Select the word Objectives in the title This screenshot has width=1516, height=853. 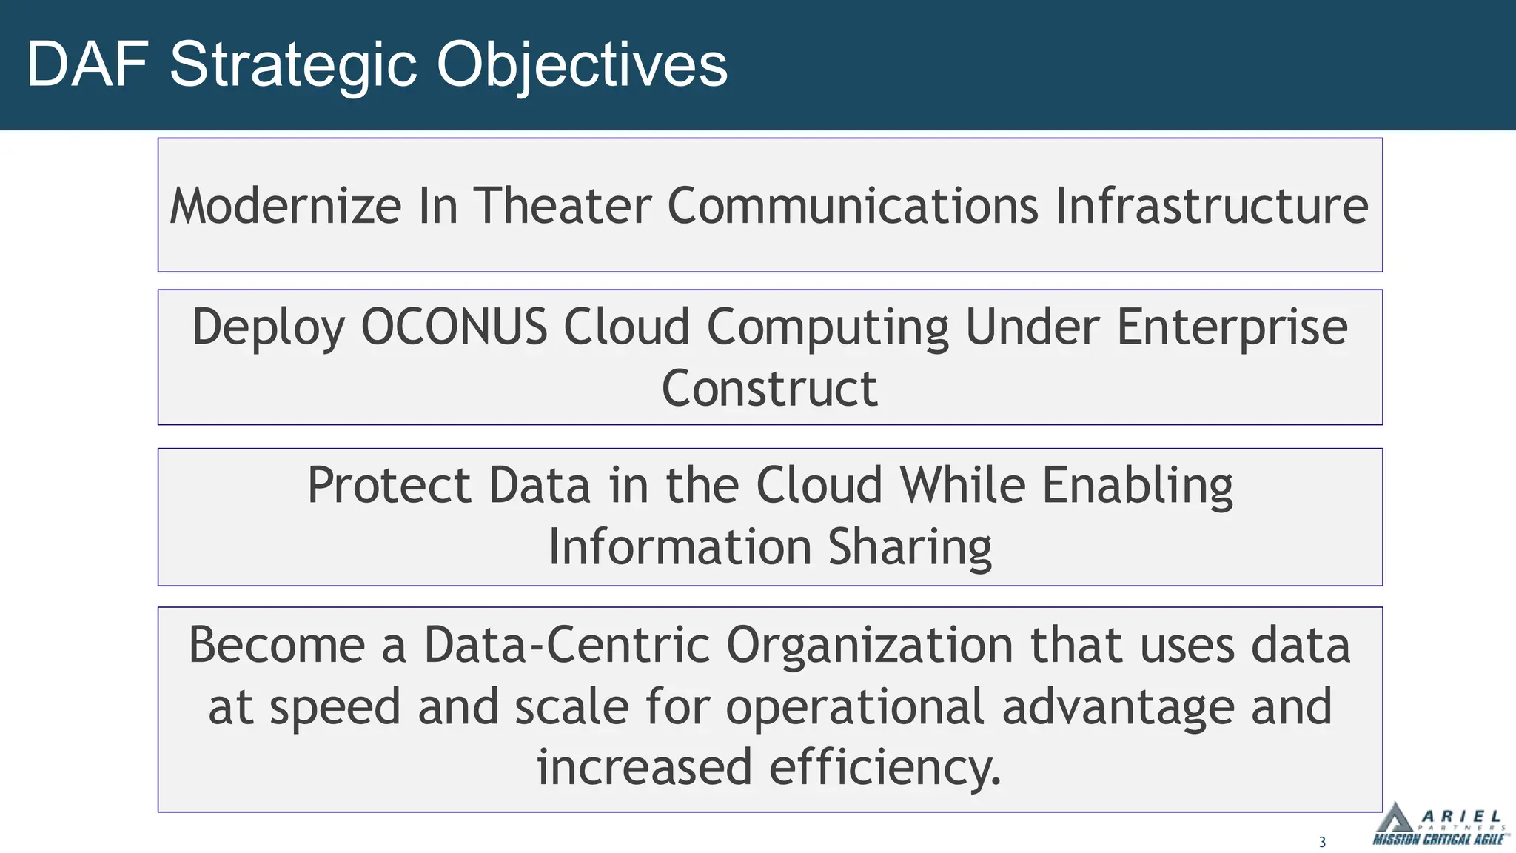(582, 65)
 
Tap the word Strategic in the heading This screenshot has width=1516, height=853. (293, 65)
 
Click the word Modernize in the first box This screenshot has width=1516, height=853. (286, 206)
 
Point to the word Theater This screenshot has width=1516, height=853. (563, 206)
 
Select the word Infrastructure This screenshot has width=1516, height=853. (1211, 206)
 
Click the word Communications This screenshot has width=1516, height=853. (853, 206)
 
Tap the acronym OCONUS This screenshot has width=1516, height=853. (454, 327)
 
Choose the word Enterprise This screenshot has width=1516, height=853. (1232, 327)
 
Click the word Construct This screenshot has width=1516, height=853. (769, 389)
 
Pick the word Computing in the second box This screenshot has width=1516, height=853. (828, 327)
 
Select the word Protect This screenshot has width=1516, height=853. (389, 486)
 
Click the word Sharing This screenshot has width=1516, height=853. (909, 547)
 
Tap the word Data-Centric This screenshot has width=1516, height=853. (567, 645)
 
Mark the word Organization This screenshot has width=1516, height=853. (869, 645)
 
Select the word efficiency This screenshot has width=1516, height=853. (885, 767)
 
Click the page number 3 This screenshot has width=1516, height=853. (1322, 842)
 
